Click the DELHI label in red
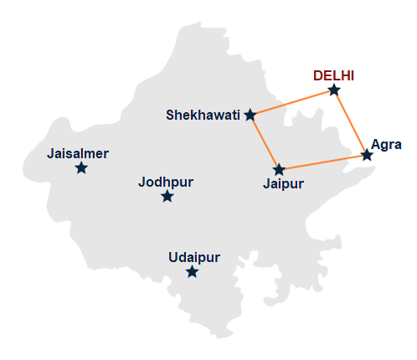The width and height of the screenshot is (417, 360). tap(334, 75)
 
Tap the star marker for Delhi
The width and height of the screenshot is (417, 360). tap(334, 90)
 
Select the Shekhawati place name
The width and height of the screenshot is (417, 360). tap(203, 115)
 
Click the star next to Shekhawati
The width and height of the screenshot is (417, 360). tap(250, 115)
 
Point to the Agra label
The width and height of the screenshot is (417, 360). tap(386, 144)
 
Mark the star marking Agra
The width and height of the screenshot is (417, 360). tap(367, 155)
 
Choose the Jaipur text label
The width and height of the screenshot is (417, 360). tap(283, 183)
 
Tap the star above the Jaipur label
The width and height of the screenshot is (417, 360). tap(280, 169)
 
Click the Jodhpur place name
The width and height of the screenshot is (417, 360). tap(167, 181)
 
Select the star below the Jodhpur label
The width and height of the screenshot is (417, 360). tap(167, 197)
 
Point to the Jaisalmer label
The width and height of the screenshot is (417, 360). tap(79, 153)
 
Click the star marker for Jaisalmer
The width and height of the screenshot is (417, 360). tap(81, 168)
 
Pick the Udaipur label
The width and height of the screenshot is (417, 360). tap(193, 257)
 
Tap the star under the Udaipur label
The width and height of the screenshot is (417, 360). tap(193, 272)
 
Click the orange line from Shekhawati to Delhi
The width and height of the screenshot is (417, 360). tap(291, 102)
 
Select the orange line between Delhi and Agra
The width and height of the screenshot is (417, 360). tap(351, 122)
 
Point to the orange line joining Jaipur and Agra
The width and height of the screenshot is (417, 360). tap(323, 162)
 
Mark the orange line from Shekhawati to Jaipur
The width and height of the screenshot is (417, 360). tap(265, 142)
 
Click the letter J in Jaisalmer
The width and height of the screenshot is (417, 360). tap(52, 153)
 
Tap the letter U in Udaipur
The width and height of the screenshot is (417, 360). tap(172, 257)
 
